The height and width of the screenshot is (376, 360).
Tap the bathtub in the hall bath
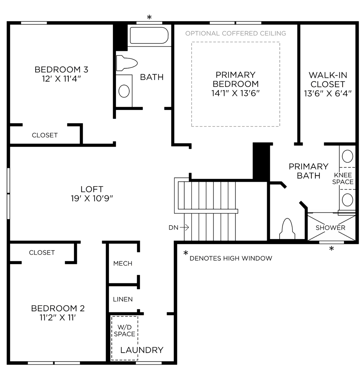pyautogui.click(x=149, y=35)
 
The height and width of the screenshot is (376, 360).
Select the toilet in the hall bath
pyautogui.click(x=127, y=63)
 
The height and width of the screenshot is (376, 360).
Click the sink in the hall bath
pyautogui.click(x=124, y=91)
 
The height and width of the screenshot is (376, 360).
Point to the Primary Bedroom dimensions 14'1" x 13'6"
pyautogui.click(x=236, y=93)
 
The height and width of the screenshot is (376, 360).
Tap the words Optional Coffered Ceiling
pyautogui.click(x=236, y=33)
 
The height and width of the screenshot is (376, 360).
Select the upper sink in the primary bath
pyautogui.click(x=347, y=156)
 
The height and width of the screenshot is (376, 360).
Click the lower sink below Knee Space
pyautogui.click(x=347, y=200)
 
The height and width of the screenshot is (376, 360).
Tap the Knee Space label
pyautogui.click(x=343, y=178)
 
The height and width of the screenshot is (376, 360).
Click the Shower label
pyautogui.click(x=330, y=228)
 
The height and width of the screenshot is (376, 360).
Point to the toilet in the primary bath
pyautogui.click(x=287, y=229)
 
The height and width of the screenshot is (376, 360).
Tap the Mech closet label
pyautogui.click(x=123, y=264)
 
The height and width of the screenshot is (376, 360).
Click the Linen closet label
pyautogui.click(x=123, y=299)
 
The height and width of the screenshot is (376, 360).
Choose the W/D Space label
pyautogui.click(x=124, y=330)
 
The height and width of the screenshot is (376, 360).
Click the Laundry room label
pyautogui.click(x=142, y=350)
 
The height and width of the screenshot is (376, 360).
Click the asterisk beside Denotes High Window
pyautogui.click(x=186, y=253)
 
